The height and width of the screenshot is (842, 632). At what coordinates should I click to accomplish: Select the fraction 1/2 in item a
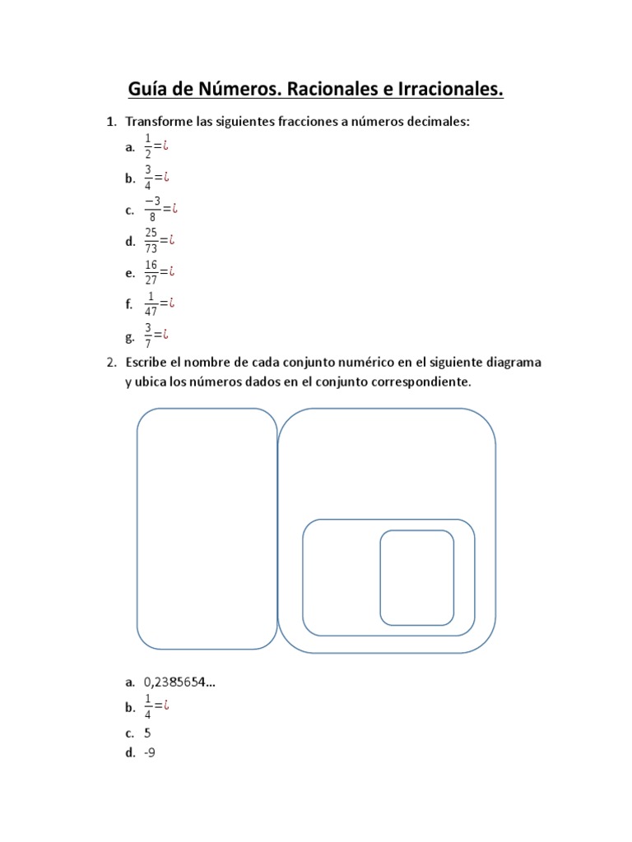click(x=148, y=146)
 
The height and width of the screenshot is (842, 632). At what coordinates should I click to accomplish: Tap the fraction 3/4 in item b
click(x=148, y=178)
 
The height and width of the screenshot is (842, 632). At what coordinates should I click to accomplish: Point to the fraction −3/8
click(x=151, y=209)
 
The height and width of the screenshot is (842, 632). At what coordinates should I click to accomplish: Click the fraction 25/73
click(x=151, y=240)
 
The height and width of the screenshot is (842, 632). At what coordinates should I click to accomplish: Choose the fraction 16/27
click(x=151, y=271)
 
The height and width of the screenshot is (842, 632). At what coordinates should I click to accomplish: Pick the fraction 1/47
click(x=151, y=303)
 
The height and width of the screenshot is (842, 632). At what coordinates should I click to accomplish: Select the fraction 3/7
click(x=148, y=334)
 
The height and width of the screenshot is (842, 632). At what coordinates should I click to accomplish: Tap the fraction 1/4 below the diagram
click(x=148, y=706)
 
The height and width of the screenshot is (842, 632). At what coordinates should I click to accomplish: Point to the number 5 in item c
click(x=147, y=732)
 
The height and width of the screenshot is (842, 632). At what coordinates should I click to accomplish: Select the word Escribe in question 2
click(x=146, y=362)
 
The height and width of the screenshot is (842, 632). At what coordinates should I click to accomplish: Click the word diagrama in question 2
click(x=513, y=362)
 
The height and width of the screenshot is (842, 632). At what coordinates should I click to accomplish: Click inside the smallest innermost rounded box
click(x=416, y=577)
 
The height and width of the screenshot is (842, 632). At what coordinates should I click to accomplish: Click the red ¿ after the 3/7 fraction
click(x=166, y=334)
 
